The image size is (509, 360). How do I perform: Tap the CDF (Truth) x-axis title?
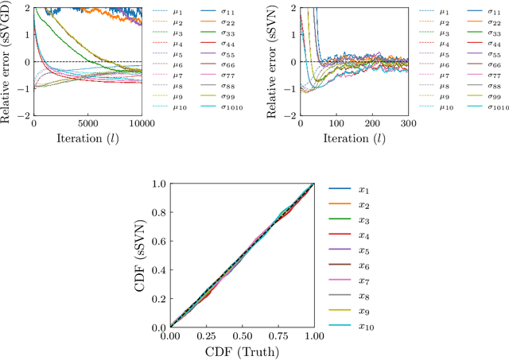[242, 351]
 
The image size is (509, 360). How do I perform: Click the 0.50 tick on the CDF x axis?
[242, 337]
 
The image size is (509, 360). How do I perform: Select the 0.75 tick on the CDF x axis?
[278, 337]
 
